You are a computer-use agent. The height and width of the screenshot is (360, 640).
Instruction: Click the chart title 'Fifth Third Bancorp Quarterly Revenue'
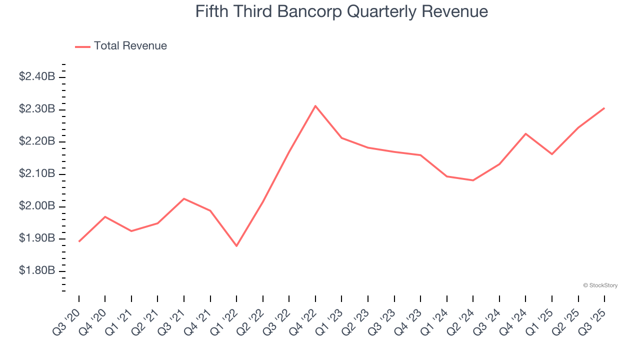click(x=341, y=11)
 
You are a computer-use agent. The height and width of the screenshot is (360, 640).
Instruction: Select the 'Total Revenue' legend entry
click(x=130, y=46)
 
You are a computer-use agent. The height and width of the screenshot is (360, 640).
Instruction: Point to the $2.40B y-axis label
click(x=37, y=76)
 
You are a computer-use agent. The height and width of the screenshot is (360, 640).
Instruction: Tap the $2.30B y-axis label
click(x=37, y=109)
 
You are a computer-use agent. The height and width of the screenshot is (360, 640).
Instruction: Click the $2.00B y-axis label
click(x=37, y=206)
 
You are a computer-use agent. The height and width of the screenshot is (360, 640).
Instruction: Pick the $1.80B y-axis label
click(x=37, y=270)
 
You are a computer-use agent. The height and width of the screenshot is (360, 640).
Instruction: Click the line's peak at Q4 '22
click(x=315, y=106)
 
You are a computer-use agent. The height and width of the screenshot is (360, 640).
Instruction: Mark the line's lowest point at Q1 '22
click(x=236, y=246)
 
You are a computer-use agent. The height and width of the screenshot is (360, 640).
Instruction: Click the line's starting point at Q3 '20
click(x=79, y=241)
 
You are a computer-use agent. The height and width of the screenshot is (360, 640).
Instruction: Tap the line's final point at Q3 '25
click(x=604, y=108)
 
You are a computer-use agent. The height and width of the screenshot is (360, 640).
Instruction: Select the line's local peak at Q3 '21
click(x=184, y=198)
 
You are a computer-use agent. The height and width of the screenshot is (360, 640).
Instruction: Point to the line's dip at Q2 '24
click(x=473, y=180)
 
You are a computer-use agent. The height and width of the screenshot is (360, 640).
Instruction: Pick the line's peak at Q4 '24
click(x=525, y=133)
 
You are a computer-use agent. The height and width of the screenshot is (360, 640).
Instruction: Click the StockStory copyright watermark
click(x=600, y=285)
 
